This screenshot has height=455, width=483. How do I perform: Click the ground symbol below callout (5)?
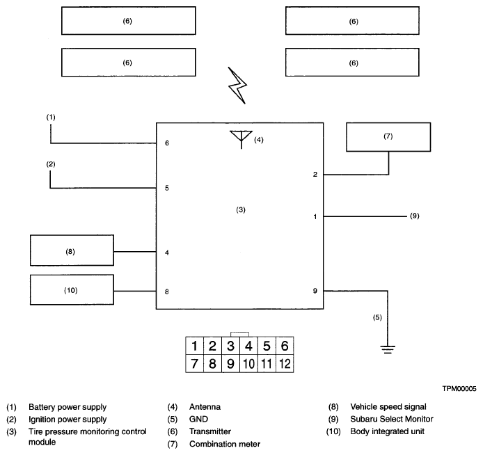tap(388, 349)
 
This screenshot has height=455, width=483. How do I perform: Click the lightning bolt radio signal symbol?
tap(237, 86)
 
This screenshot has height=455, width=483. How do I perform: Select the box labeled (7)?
tap(388, 137)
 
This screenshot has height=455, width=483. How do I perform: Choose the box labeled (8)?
tap(72, 250)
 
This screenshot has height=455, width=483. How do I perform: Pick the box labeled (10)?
tap(72, 289)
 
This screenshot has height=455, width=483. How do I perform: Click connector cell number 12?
tap(285, 364)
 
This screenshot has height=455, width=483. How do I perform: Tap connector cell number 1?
tap(194, 346)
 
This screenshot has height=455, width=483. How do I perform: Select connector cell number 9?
tap(231, 364)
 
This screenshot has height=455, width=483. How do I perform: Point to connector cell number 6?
tap(285, 346)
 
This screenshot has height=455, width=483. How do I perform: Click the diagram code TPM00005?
tap(459, 389)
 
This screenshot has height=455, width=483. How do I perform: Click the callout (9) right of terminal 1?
tap(415, 216)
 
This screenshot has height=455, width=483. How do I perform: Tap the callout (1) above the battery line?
tap(51, 117)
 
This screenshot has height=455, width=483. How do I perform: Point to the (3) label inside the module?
tap(241, 209)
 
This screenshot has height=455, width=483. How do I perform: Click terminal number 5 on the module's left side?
tap(167, 188)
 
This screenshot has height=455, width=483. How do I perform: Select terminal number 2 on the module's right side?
tap(315, 174)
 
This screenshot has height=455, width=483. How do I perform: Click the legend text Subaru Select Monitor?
tap(392, 419)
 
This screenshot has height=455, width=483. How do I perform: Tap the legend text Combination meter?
tap(225, 444)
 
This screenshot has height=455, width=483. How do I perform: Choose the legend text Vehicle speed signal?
tap(388, 407)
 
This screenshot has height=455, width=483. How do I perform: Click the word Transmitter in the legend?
tap(210, 431)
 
